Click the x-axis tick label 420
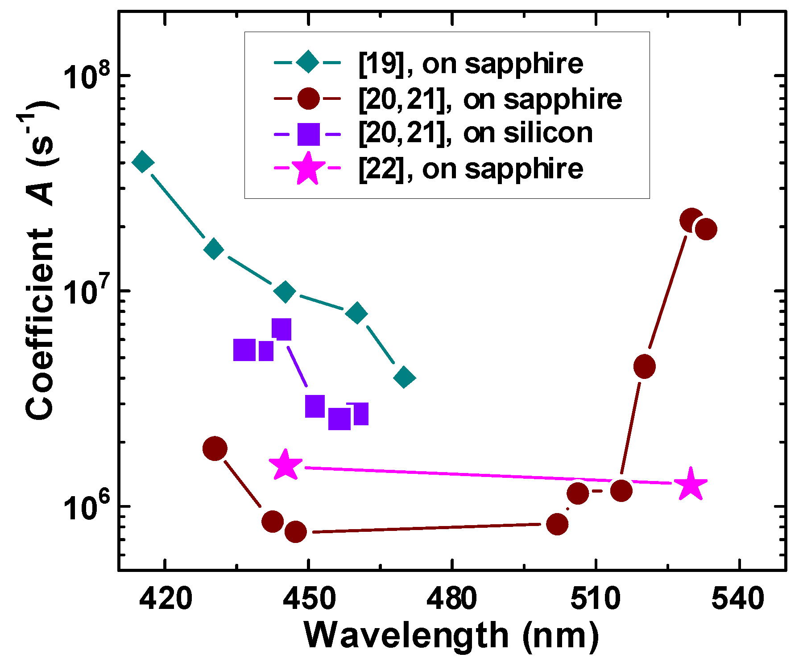tap(166, 599)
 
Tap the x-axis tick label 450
tap(309, 599)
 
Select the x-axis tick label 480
tap(452, 599)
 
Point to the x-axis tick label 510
tap(596, 599)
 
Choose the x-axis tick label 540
tap(738, 599)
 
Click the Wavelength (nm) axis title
tap(451, 636)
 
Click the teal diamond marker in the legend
tap(308, 63)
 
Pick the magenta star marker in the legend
tap(308, 169)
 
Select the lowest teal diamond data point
tap(404, 378)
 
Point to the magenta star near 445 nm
tap(285, 465)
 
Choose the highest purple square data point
tap(281, 329)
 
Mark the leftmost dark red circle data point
tap(215, 448)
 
